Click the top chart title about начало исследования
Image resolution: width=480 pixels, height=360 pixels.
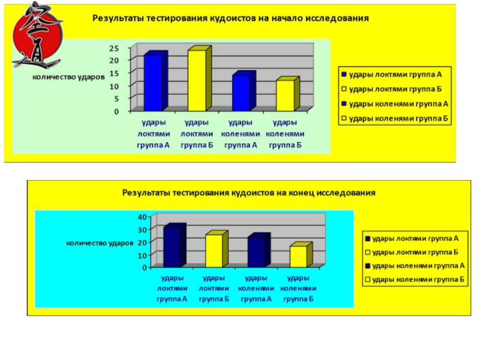[230, 19]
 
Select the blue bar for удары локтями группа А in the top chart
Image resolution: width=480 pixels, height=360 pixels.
[153, 82]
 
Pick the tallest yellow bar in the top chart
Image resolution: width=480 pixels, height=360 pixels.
[197, 80]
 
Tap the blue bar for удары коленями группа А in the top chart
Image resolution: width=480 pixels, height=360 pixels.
[241, 92]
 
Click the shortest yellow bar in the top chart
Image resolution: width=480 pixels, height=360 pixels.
[285, 95]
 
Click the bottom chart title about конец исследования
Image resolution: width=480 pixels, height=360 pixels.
[249, 193]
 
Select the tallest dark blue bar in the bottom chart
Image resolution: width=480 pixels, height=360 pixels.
[172, 247]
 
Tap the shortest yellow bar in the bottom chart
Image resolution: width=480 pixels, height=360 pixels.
[298, 256]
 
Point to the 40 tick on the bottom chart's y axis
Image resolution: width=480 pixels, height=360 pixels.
[142, 216]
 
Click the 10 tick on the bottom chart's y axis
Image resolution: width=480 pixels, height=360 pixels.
[142, 255]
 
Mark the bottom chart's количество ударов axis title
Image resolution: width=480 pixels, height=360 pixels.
[99, 243]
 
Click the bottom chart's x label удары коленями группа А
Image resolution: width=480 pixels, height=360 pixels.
[256, 288]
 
